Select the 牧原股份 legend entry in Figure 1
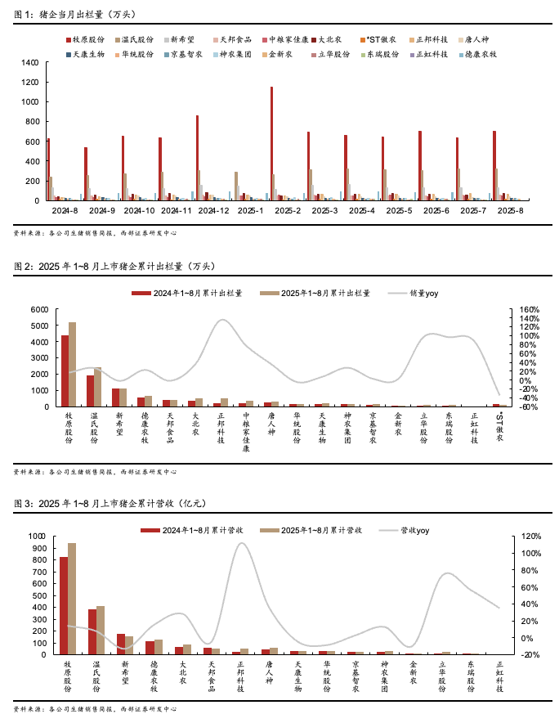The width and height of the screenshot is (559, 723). tap(85, 39)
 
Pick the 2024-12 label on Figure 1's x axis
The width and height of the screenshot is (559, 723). tap(213, 210)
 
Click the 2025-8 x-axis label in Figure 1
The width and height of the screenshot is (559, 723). tap(517, 210)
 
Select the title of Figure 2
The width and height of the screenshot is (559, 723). tap(114, 266)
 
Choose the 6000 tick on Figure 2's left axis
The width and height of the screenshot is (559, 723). tap(40, 310)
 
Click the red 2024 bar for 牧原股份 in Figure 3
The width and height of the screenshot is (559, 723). tap(64, 605)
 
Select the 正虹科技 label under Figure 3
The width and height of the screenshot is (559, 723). tap(500, 676)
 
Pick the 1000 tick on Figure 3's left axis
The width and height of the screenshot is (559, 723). tap(38, 537)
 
